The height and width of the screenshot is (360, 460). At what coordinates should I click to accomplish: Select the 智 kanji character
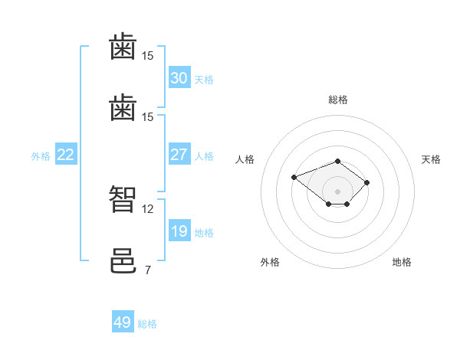pyautogui.click(x=123, y=198)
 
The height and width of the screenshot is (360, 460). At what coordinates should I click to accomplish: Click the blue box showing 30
pyautogui.click(x=179, y=78)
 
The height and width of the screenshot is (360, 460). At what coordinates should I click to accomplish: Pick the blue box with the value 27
pyautogui.click(x=179, y=155)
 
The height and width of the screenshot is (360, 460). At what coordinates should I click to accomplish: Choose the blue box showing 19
pyautogui.click(x=179, y=231)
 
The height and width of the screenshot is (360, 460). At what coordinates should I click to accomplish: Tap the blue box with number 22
pyautogui.click(x=65, y=155)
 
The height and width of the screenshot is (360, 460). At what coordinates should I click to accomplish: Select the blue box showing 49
pyautogui.click(x=123, y=322)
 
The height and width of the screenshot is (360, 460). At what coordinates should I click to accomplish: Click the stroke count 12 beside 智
pyautogui.click(x=148, y=208)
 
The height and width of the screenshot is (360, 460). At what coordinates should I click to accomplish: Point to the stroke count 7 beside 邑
pyautogui.click(x=147, y=270)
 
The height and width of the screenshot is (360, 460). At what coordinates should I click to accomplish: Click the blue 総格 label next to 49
pyautogui.click(x=147, y=324)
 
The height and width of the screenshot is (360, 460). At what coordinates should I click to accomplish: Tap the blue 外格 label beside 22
pyautogui.click(x=41, y=156)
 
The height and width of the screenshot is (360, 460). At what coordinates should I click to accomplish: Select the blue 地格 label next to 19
pyautogui.click(x=204, y=233)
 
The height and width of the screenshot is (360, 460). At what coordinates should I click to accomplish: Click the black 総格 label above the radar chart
pyautogui.click(x=338, y=100)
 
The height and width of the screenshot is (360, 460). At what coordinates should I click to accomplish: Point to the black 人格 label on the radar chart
pyautogui.click(x=245, y=159)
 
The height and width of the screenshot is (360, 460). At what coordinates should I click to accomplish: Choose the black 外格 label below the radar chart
pyautogui.click(x=270, y=262)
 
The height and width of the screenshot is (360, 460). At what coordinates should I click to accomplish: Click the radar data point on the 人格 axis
pyautogui.click(x=294, y=177)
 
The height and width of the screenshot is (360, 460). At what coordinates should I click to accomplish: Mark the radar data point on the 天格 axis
pyautogui.click(x=367, y=182)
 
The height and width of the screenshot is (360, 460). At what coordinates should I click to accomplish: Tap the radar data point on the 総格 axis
pyautogui.click(x=338, y=161)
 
